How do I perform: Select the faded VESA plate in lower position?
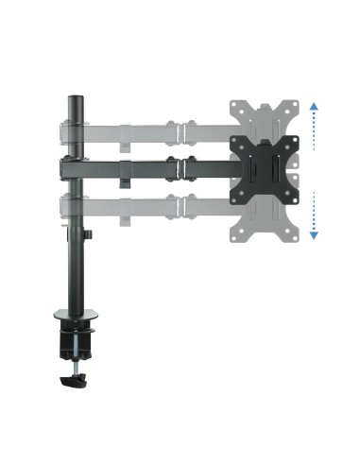click(x=261, y=215)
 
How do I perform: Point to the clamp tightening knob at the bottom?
click(x=72, y=381)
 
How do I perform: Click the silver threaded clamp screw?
click(x=72, y=364)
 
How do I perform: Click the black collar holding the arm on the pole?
click(x=68, y=168)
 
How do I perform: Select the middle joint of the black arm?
click(x=179, y=168)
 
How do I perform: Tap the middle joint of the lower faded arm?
click(x=179, y=205)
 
